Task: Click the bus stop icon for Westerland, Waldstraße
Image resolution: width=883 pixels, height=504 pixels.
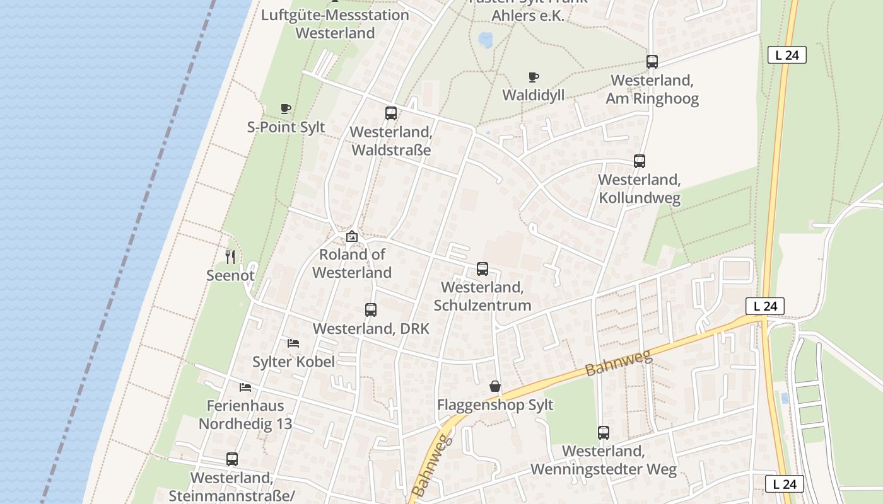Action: (x=391, y=113)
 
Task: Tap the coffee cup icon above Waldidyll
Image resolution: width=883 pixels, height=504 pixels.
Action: (x=533, y=77)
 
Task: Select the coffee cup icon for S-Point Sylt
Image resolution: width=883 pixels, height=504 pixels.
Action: (x=286, y=108)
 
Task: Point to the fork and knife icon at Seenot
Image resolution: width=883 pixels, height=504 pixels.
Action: (x=230, y=256)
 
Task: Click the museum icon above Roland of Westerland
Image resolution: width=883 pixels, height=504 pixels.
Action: (x=352, y=236)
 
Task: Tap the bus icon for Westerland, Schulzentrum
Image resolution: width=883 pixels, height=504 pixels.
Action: (x=482, y=269)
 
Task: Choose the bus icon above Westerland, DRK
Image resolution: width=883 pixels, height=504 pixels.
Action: (x=371, y=310)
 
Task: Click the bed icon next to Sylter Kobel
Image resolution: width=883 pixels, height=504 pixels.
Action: (x=293, y=343)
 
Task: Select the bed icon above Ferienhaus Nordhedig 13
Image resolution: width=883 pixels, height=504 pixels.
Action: (x=245, y=387)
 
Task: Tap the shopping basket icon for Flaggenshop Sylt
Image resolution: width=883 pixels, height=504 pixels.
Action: (x=495, y=386)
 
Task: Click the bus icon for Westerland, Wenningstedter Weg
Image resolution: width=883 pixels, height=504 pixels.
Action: (x=604, y=433)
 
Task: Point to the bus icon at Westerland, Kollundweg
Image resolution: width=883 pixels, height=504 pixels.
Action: (x=640, y=161)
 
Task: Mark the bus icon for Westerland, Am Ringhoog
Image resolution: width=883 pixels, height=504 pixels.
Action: (x=652, y=62)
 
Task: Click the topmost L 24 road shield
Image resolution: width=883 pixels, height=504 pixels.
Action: (x=787, y=55)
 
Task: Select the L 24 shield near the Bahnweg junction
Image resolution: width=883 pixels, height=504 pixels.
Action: (x=764, y=306)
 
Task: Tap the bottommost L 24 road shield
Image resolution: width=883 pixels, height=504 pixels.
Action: (x=785, y=484)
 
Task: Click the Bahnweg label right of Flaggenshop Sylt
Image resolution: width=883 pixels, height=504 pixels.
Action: (x=617, y=361)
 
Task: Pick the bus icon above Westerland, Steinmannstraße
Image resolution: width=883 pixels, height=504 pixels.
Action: (x=232, y=459)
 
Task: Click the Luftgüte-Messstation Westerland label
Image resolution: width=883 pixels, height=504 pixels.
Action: (x=335, y=23)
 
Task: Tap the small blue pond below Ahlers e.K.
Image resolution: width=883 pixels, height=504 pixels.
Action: (x=486, y=40)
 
